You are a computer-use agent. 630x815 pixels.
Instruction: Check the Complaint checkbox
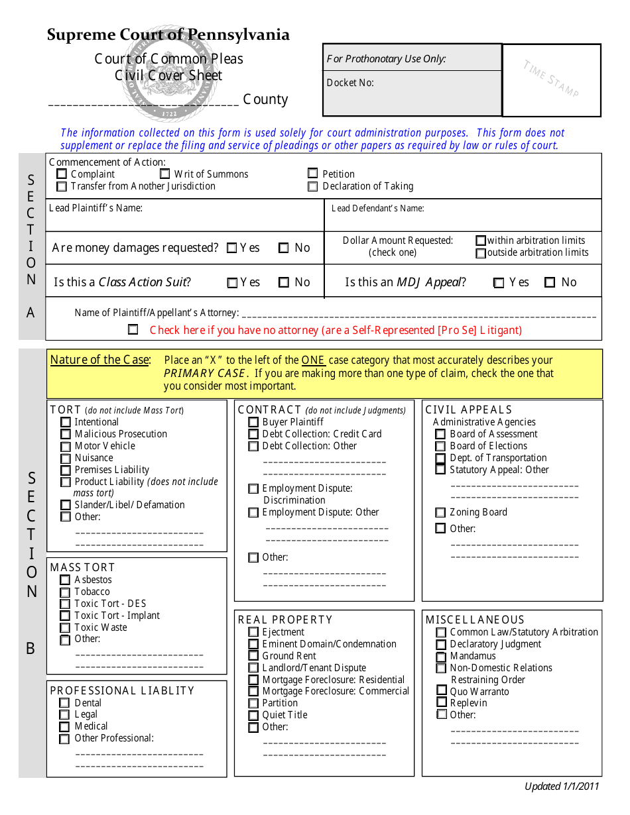(62, 174)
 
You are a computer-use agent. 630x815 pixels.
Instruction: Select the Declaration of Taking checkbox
(313, 187)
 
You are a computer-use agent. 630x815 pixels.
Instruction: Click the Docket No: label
(350, 83)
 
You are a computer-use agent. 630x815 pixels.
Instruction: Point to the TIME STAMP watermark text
(551, 79)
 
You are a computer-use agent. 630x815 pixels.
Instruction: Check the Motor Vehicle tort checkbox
(66, 447)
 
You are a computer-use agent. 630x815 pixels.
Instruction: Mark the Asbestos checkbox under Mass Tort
(65, 580)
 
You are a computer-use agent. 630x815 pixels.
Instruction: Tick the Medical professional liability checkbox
(64, 727)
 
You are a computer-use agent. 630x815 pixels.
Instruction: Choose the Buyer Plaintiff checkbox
(253, 423)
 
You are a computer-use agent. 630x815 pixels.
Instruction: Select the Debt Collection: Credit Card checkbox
(253, 435)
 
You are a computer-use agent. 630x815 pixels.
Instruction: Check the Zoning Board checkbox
(440, 513)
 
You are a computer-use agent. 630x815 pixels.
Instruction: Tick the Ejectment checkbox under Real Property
(253, 633)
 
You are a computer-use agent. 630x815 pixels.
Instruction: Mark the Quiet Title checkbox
(253, 716)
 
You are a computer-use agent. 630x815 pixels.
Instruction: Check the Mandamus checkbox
(441, 657)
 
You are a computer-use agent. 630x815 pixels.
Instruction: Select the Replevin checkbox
(441, 703)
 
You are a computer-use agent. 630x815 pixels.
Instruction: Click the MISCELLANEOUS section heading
(475, 620)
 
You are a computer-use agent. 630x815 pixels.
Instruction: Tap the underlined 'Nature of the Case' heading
(100, 360)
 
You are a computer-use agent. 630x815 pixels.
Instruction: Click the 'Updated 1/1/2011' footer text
(562, 787)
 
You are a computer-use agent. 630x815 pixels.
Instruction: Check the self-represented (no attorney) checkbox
(133, 329)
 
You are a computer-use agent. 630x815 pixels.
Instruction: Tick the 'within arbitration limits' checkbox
(481, 241)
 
